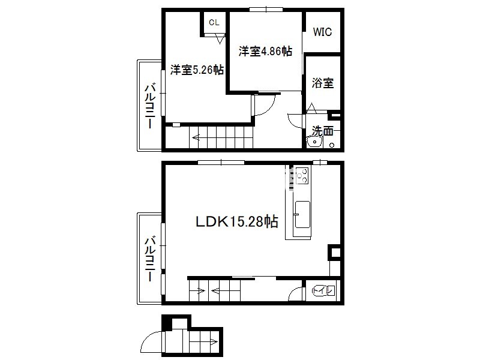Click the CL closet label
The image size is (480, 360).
click(214, 22)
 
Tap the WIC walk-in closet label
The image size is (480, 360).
click(322, 32)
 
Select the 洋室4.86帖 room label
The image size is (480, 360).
click(265, 51)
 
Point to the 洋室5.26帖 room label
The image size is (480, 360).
click(197, 70)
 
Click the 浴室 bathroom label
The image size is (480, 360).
click(323, 83)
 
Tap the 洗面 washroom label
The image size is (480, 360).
click(322, 131)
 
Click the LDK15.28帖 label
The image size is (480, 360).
click(236, 221)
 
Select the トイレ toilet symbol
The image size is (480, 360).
click(323, 290)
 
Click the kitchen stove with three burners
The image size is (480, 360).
click(302, 175)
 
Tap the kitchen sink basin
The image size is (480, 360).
click(302, 214)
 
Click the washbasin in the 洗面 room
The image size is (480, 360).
click(314, 142)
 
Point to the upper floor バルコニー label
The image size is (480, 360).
click(150, 106)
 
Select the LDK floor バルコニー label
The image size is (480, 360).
click(150, 258)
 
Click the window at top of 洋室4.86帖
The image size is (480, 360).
click(266, 10)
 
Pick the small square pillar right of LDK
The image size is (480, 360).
click(334, 253)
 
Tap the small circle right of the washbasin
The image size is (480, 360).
click(332, 145)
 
